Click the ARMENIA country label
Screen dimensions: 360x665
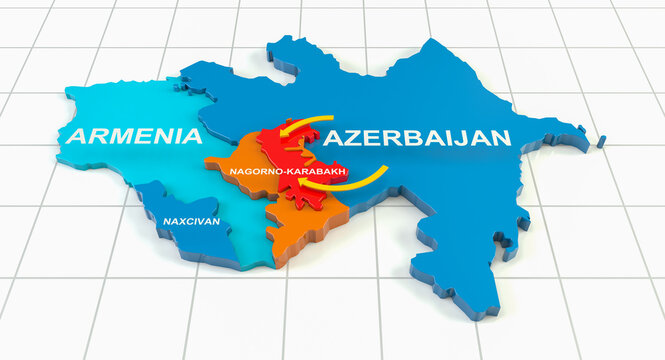point(129,136)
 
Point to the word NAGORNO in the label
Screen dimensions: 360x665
point(256,173)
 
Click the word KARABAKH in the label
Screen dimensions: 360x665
point(317,173)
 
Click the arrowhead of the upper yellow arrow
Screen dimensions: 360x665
point(281,131)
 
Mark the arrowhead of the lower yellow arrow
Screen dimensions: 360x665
point(304,183)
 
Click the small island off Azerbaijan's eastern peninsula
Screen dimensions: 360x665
point(602,142)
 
